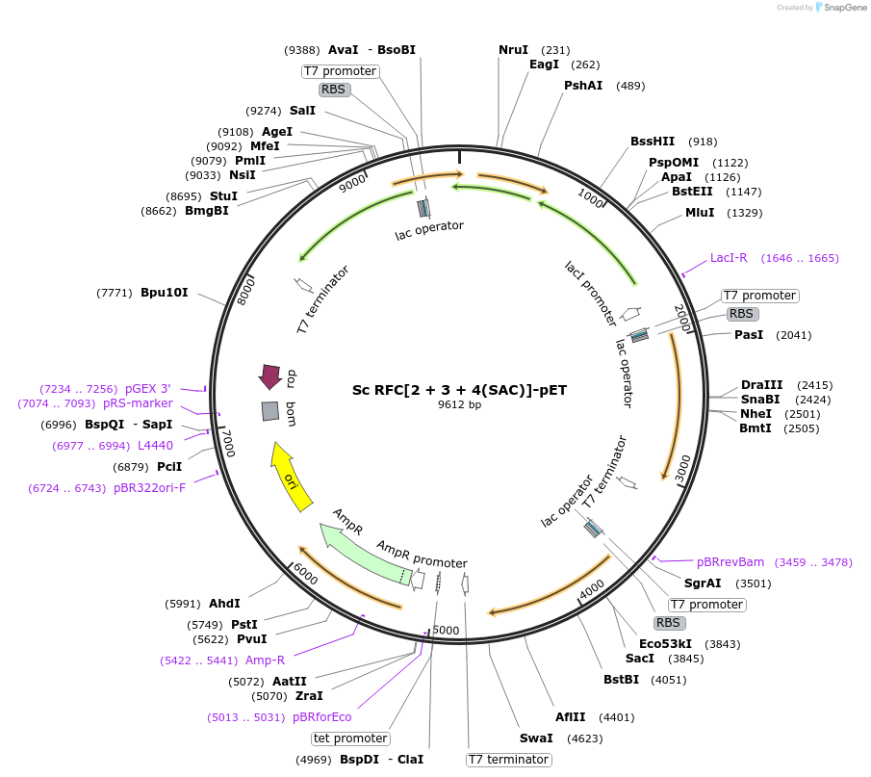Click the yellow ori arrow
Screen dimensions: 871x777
(x=290, y=478)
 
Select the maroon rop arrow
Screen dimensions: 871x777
(x=270, y=376)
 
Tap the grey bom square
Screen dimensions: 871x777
(x=270, y=411)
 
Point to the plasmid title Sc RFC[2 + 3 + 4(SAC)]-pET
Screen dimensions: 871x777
(x=459, y=390)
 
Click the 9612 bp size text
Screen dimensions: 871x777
(x=459, y=404)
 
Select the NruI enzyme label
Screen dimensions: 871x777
(x=513, y=50)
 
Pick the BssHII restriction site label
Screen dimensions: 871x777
(x=653, y=142)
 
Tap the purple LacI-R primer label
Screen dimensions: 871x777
(x=729, y=258)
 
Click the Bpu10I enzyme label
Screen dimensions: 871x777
(x=165, y=293)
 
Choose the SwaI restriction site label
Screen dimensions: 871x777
(x=536, y=738)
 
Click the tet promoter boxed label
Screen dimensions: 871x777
(x=350, y=738)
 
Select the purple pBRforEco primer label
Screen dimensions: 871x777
(x=322, y=717)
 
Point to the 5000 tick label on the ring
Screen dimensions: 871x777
(x=446, y=631)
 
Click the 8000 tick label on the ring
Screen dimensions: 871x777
(x=245, y=292)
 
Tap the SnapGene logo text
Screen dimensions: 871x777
(x=845, y=8)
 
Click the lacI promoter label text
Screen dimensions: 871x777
(x=591, y=294)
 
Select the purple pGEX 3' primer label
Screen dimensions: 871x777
(x=148, y=389)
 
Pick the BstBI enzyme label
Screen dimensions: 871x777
(x=621, y=679)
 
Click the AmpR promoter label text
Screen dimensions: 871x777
(x=423, y=555)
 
